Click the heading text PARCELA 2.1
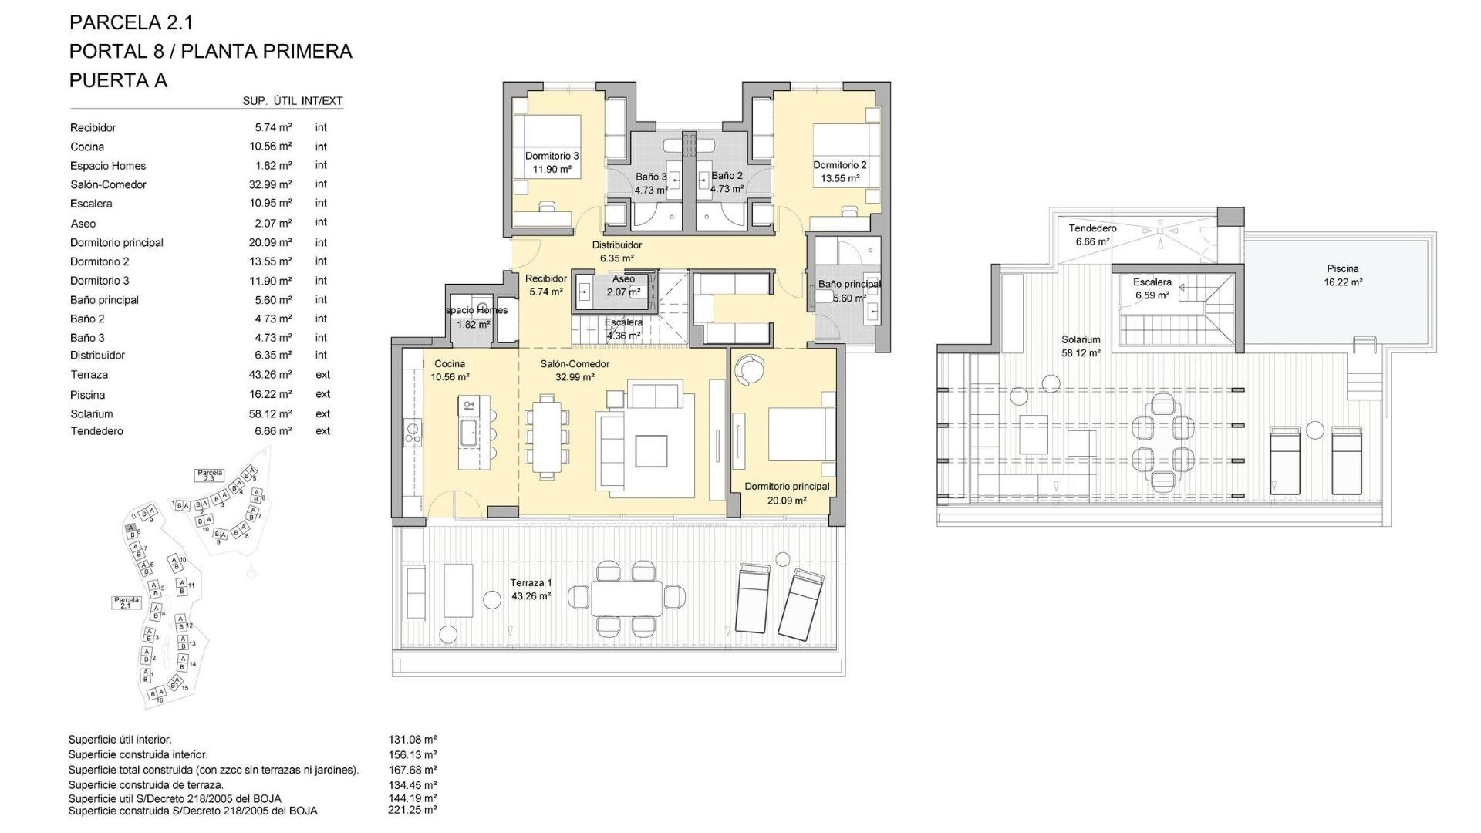pyautogui.click(x=131, y=22)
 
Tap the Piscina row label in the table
pyautogui.click(x=87, y=395)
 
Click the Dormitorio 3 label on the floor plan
pyautogui.click(x=552, y=157)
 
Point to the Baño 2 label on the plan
pyautogui.click(x=727, y=176)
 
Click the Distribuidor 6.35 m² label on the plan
pyautogui.click(x=616, y=251)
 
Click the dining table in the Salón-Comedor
pyautogui.click(x=548, y=433)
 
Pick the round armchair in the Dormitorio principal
pyautogui.click(x=748, y=369)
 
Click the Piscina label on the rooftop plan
pyautogui.click(x=1342, y=269)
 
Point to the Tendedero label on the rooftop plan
pyautogui.click(x=1092, y=228)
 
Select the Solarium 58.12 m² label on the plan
pyautogui.click(x=1080, y=346)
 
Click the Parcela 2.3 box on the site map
pyautogui.click(x=210, y=475)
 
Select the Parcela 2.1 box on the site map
pyautogui.click(x=127, y=602)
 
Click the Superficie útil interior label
pyautogui.click(x=120, y=740)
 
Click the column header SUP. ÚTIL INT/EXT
pyautogui.click(x=292, y=101)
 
